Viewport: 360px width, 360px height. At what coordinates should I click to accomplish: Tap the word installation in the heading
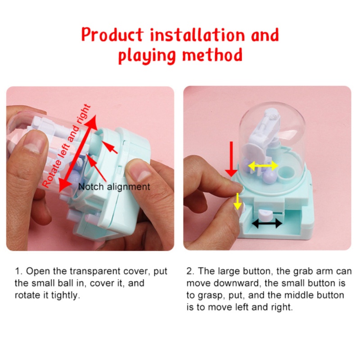tap(202, 35)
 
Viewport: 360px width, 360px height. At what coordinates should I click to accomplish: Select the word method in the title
tap(213, 56)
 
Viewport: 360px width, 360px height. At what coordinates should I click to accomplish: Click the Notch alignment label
tap(114, 186)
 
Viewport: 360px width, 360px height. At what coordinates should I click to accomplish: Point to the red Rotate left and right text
tap(66, 146)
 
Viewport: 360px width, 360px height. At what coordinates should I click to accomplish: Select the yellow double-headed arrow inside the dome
tap(264, 166)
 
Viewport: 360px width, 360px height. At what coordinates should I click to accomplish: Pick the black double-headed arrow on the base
tap(267, 223)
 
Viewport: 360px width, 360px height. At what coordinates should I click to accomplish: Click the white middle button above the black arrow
tap(265, 211)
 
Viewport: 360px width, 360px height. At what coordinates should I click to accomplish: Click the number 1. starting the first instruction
tap(18, 271)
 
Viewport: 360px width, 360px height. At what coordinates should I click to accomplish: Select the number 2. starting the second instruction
tap(189, 271)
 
